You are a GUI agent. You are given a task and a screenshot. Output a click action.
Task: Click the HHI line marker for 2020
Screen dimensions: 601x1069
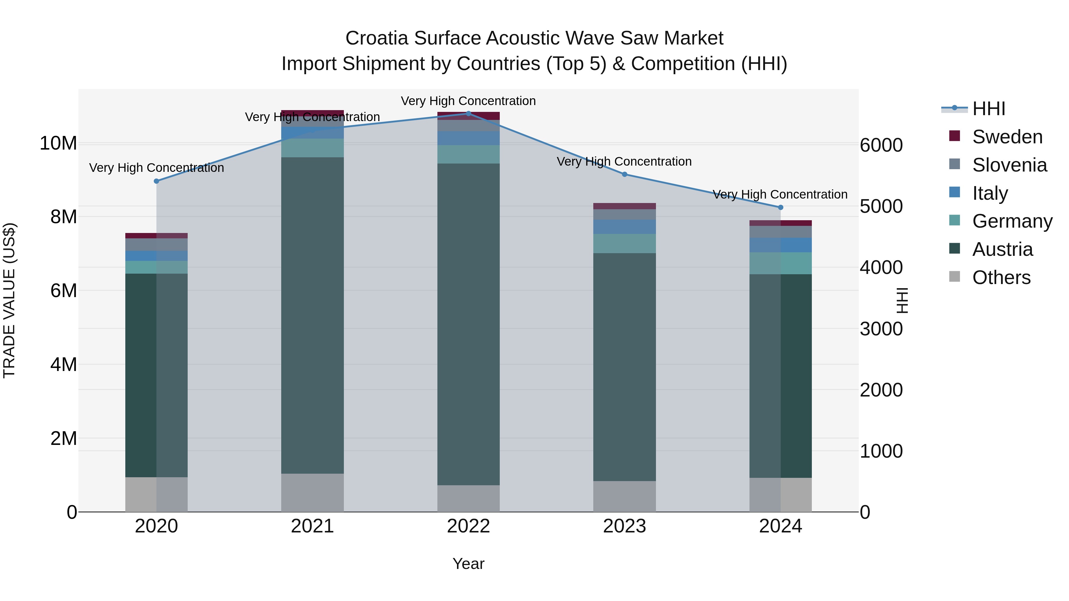point(156,181)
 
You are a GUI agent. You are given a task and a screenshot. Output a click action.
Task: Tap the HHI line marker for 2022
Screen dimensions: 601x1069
point(469,114)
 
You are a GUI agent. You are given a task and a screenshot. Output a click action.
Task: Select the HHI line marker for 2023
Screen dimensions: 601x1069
point(624,174)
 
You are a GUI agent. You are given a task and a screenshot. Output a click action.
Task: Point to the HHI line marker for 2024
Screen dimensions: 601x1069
point(781,207)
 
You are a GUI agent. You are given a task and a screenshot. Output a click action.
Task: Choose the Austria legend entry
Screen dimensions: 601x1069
point(1002,249)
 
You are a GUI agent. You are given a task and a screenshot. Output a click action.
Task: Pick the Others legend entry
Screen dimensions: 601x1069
point(1001,277)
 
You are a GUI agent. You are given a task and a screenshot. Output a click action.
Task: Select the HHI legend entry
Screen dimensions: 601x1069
point(989,109)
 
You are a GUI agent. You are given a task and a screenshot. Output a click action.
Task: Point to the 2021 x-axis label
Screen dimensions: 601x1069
point(312,526)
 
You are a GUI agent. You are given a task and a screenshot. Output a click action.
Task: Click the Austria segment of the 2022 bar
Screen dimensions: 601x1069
point(469,324)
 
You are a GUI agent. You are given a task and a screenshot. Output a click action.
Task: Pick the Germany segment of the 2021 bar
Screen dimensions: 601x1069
point(312,148)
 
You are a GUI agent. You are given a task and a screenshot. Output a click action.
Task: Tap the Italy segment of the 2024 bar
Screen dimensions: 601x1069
point(781,245)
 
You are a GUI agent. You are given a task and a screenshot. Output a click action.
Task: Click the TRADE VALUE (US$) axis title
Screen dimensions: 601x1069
point(9,300)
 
